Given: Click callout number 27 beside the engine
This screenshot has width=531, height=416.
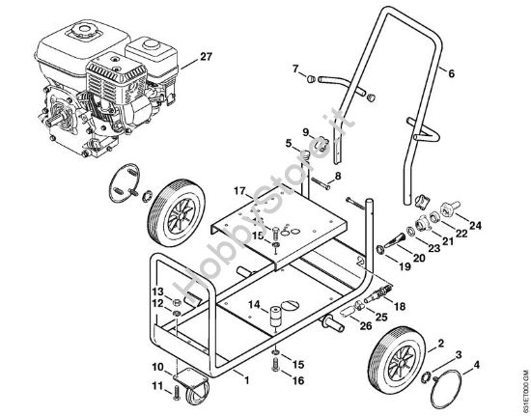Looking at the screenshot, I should pos(204,59).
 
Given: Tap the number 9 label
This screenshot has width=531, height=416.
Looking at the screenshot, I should pos(304,132).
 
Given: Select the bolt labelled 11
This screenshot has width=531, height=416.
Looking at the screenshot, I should pos(176,392).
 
